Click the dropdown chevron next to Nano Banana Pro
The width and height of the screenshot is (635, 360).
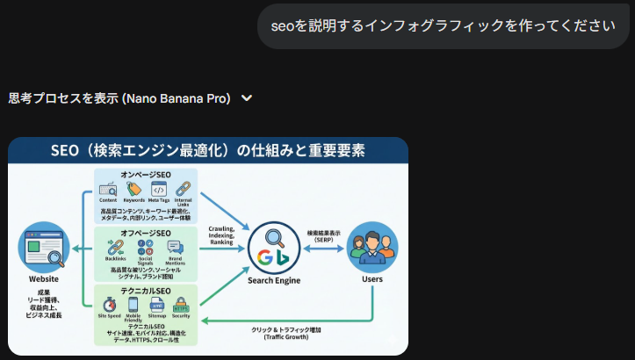coord(247,98)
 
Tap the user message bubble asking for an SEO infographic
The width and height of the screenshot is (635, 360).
coord(445,25)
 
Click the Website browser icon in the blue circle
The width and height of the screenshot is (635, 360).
coord(44,248)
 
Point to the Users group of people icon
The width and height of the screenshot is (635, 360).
coord(372,248)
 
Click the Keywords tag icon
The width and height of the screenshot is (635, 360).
coord(133,189)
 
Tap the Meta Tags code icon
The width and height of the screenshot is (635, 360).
coord(159,189)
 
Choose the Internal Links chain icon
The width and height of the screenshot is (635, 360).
coord(183,189)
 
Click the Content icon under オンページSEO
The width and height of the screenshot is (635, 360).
coord(108,189)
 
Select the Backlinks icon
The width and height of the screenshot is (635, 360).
coord(115,247)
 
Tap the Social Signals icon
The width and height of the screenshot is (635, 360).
coord(146,247)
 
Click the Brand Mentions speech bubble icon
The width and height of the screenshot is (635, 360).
coord(175,248)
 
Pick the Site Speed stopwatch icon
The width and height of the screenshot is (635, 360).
coord(109,304)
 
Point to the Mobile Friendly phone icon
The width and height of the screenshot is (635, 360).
coord(133,304)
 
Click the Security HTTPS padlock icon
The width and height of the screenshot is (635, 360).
coord(181,305)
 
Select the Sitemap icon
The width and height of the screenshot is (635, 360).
coord(158,304)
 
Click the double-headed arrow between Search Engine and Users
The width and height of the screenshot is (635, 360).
coord(324,248)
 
